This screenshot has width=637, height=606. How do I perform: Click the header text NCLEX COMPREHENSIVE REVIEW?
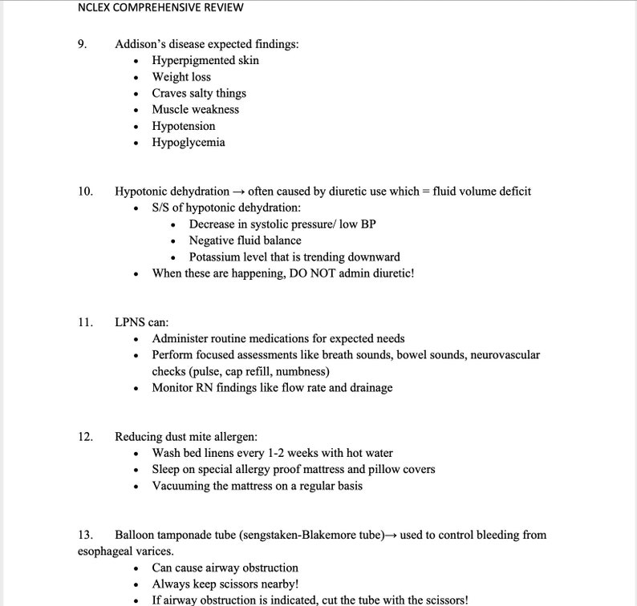point(161,8)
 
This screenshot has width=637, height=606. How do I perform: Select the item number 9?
point(82,44)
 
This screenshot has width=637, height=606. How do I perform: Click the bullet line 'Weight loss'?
point(181,77)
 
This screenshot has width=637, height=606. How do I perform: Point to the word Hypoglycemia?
point(189,143)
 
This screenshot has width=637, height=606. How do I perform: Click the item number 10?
point(85,192)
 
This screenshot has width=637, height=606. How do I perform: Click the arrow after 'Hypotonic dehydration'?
point(238,192)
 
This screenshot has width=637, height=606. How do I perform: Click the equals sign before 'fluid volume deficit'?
point(426,192)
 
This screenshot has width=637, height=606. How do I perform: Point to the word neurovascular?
point(505,355)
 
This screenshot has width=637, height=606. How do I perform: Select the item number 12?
point(85,437)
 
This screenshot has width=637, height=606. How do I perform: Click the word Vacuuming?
point(181,486)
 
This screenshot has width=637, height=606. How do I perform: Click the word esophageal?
point(106,551)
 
